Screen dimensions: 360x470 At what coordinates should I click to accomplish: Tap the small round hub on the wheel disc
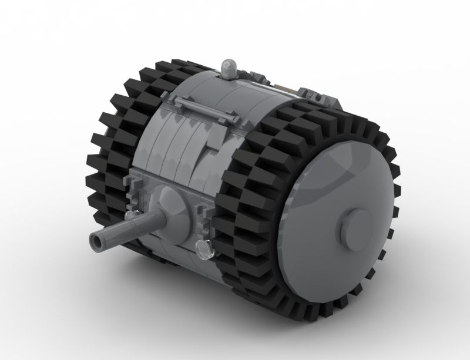(x=357, y=221)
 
